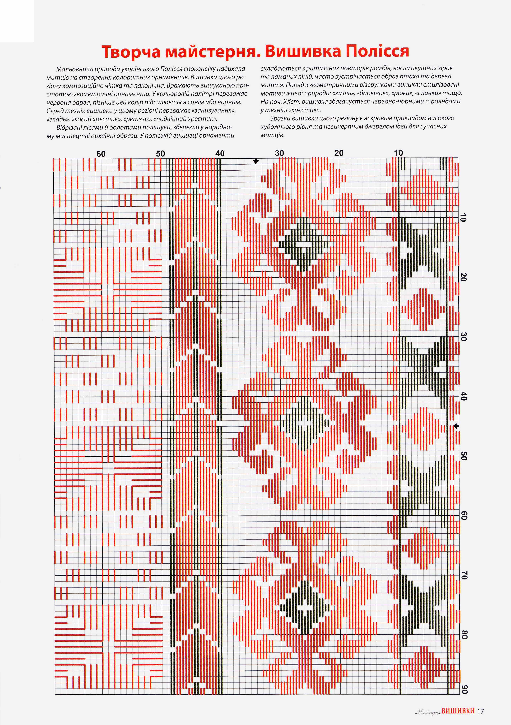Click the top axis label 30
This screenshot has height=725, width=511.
279,153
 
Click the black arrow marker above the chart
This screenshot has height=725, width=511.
256,161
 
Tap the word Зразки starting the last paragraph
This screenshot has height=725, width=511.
279,118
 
